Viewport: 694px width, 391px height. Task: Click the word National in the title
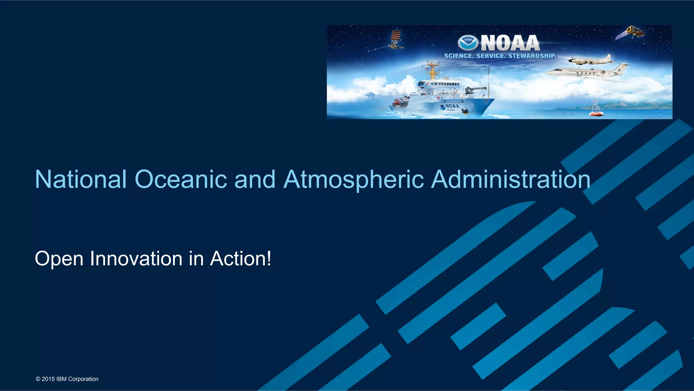coord(81,179)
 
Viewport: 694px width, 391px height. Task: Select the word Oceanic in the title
coord(181,179)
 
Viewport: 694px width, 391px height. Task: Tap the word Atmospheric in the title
coord(354,179)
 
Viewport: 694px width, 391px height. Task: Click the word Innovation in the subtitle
coord(136,259)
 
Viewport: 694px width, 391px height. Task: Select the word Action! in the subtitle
coord(240,259)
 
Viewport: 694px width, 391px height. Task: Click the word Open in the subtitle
coord(59,259)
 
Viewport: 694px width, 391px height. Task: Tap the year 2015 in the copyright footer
coord(48,379)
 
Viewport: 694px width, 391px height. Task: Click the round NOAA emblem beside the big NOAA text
coord(468,43)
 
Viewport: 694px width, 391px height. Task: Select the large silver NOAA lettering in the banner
coord(510,43)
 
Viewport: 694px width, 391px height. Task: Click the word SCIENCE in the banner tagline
coord(458,56)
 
